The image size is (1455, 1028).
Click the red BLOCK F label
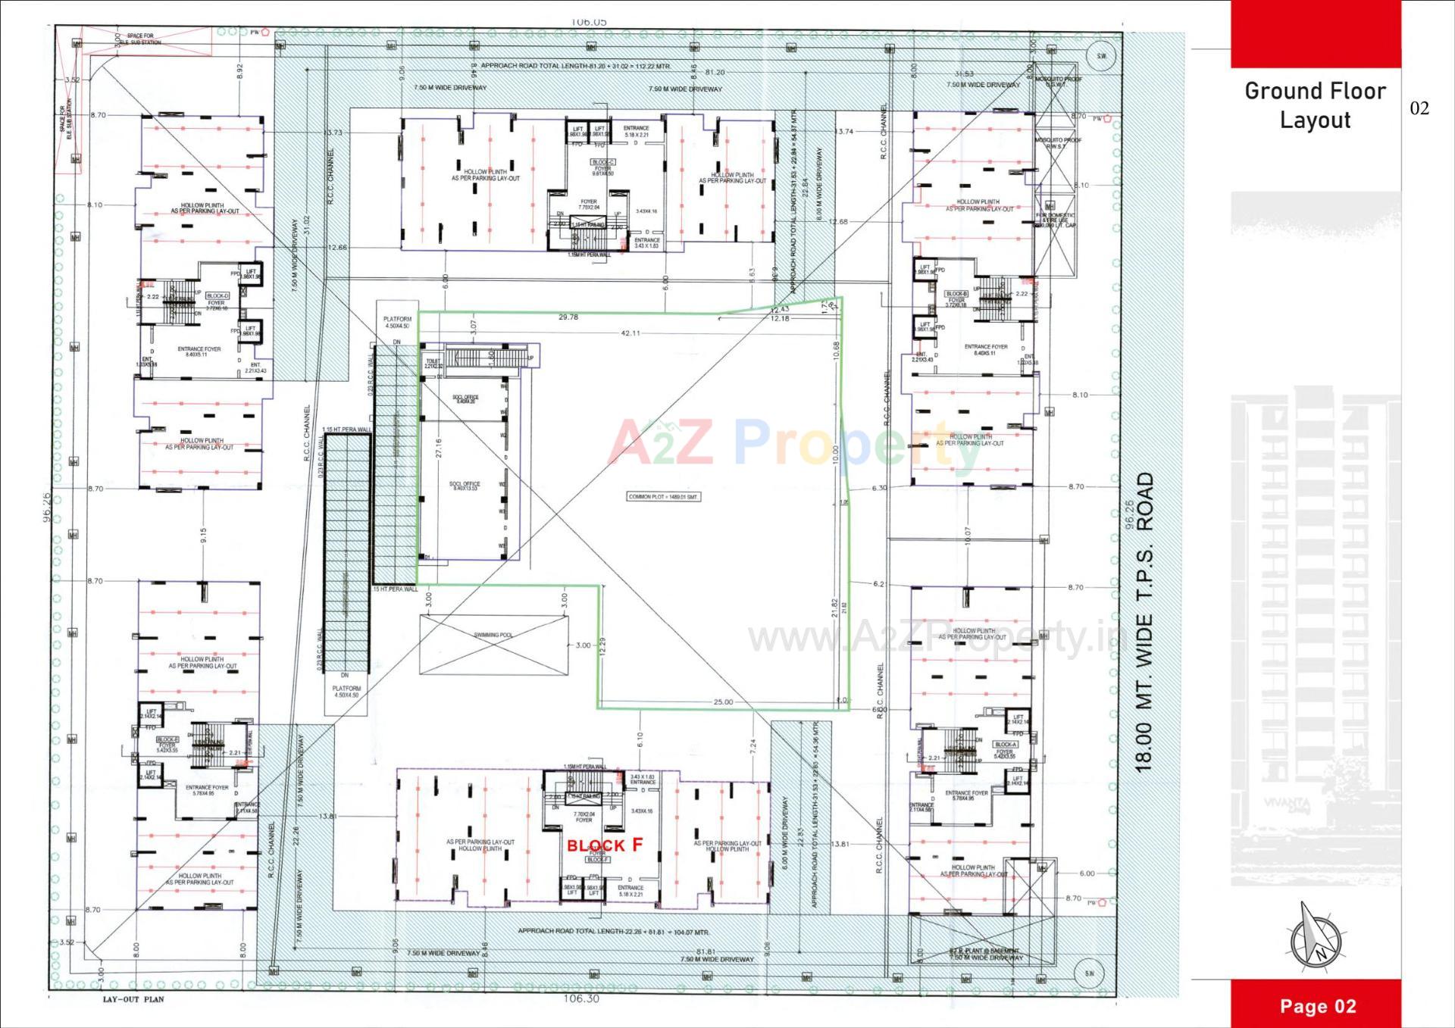(604, 845)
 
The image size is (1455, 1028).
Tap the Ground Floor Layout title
(1315, 105)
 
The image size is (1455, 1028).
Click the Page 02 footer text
(1318, 1006)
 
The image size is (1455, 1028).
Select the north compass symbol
(1316, 939)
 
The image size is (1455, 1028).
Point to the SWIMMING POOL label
(493, 635)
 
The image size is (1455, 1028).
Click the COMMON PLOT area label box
(663, 497)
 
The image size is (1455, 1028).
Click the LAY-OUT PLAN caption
(133, 999)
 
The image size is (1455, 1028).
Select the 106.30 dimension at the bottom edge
(581, 998)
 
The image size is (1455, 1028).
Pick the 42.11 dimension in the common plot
(630, 333)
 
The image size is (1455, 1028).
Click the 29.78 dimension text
(568, 317)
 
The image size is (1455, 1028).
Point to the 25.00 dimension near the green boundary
(723, 701)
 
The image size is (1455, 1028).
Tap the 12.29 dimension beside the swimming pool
(602, 646)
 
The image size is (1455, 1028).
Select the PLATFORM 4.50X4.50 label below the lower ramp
(346, 692)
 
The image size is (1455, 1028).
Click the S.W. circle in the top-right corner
(1101, 56)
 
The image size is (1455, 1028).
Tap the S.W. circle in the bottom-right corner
(1089, 973)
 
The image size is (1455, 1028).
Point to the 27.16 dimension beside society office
(438, 448)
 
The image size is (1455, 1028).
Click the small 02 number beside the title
(1419, 108)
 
